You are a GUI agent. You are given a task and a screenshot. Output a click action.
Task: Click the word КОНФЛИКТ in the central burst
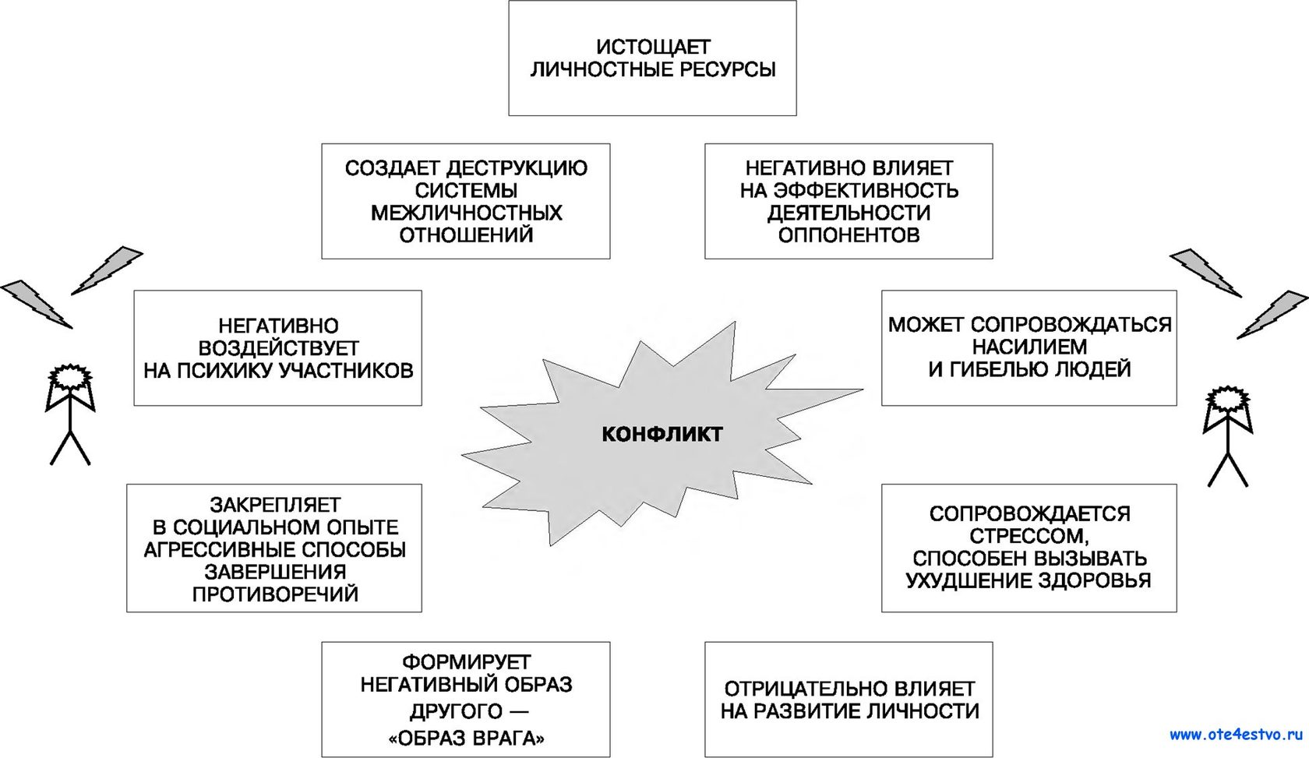pos(662,434)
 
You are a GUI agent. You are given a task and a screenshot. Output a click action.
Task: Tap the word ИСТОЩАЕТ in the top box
pos(653,47)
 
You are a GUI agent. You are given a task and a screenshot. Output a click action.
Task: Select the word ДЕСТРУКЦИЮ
pos(517,168)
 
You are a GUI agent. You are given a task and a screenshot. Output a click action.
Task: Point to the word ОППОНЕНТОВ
pos(849,235)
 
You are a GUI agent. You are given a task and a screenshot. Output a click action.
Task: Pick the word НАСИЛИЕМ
pos(1029,347)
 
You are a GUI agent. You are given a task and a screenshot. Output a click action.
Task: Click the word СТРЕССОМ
pos(1029,536)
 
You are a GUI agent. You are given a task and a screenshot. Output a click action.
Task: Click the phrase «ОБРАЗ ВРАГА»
pos(466,739)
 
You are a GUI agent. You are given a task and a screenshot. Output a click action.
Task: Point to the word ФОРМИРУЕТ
pos(466,662)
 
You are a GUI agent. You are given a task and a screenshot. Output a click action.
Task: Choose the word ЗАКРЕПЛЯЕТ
pos(274,505)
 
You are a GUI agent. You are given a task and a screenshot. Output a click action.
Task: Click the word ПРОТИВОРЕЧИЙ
pos(274,594)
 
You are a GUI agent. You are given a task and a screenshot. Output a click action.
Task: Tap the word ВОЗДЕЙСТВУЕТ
pos(278,348)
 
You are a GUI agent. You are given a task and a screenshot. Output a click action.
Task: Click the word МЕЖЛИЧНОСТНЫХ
pos(466,213)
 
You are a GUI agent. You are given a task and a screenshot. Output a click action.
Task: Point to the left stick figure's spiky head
pos(70,376)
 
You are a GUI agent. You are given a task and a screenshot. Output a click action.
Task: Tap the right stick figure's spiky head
pos(1226,399)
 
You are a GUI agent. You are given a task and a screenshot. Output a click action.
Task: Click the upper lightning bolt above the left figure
pos(107,270)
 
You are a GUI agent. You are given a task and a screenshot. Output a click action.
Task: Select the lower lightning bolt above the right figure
pos(1272,315)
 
